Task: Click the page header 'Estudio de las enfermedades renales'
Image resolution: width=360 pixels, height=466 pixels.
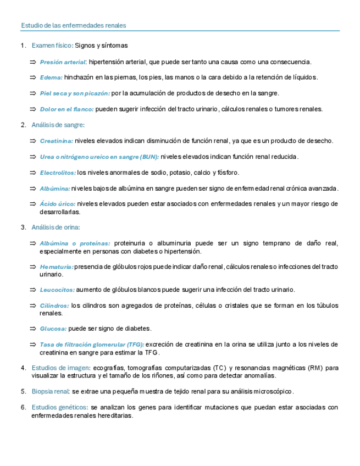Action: [x=73, y=25]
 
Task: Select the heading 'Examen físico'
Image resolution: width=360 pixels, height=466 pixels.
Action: [x=52, y=45]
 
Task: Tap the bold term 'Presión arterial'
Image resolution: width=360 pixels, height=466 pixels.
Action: [x=63, y=62]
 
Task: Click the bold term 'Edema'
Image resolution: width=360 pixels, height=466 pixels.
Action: [x=51, y=77]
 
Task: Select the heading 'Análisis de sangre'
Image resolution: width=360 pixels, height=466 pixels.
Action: [x=58, y=125]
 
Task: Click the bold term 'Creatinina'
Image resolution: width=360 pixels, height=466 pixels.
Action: [x=56, y=141]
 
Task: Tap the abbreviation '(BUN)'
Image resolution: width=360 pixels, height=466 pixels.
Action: [x=149, y=157]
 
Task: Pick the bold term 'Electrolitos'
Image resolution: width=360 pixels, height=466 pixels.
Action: [x=57, y=173]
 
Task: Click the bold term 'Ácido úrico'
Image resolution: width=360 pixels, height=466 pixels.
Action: [x=57, y=204]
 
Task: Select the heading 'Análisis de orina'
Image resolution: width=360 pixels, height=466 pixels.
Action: [x=56, y=227]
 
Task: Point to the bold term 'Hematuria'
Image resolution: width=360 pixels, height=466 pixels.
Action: [x=56, y=267]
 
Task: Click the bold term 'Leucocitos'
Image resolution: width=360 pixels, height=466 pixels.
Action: [x=57, y=290]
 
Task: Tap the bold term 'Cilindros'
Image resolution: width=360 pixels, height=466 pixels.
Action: [x=54, y=306]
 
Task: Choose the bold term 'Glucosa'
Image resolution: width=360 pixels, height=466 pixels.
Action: [x=53, y=329]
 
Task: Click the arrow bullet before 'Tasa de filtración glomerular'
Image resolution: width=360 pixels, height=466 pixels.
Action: [x=33, y=345]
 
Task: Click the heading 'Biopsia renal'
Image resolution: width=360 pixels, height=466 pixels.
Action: [x=51, y=391]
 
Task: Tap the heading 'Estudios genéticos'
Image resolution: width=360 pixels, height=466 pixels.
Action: [x=59, y=407]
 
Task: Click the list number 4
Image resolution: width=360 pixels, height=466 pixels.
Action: [x=23, y=368]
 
